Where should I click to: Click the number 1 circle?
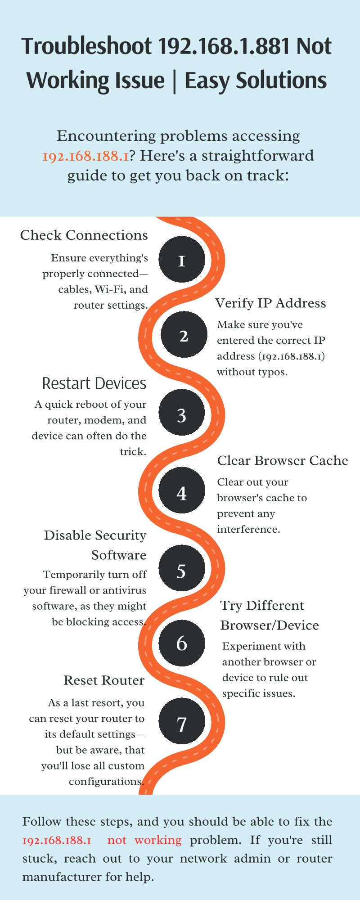[x=182, y=259]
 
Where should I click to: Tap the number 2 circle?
[x=184, y=335]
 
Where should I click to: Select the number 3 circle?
[x=182, y=413]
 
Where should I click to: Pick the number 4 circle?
[x=182, y=490]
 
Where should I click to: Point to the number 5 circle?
[x=182, y=568]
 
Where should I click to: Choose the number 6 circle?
[x=182, y=643]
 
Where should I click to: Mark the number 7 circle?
[x=182, y=721]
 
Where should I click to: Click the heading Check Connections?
[x=84, y=235]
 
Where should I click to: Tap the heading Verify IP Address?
[x=270, y=303]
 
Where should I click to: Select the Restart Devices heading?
[x=94, y=383]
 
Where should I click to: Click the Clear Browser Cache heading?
[x=283, y=461]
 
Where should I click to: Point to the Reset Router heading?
[x=104, y=680]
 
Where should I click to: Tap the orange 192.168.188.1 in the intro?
[x=85, y=156]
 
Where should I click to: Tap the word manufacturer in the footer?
[x=52, y=877]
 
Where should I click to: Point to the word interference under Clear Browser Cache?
[x=248, y=529]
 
